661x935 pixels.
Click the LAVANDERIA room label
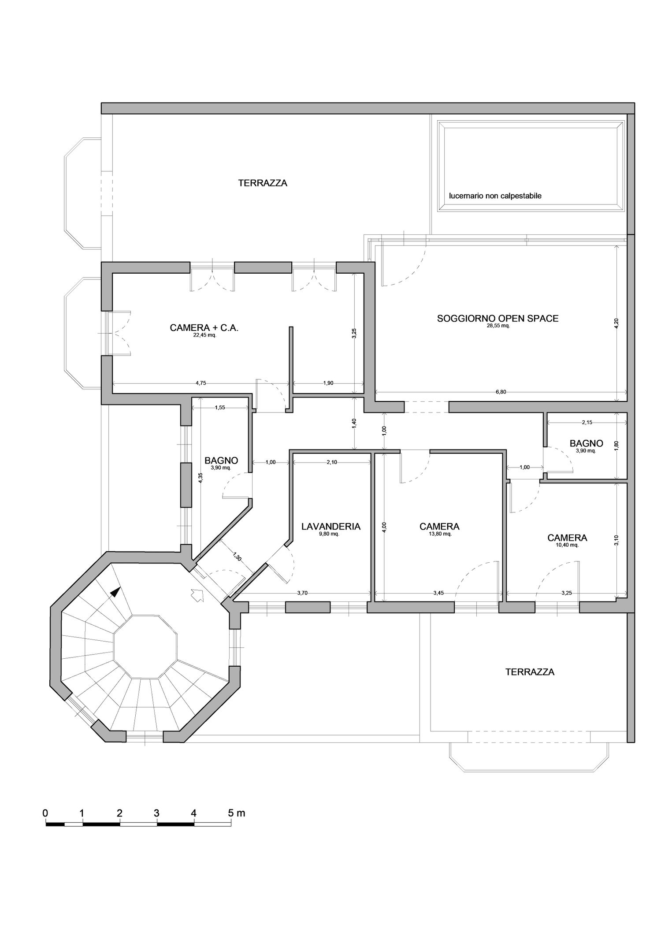[x=330, y=526]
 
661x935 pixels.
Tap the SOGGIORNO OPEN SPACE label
[x=498, y=318]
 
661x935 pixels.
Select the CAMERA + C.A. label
[x=204, y=328]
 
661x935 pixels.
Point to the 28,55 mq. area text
[x=498, y=326]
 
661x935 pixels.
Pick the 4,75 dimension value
[x=201, y=383]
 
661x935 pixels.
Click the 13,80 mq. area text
[x=439, y=534]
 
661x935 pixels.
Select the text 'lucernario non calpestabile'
[x=495, y=196]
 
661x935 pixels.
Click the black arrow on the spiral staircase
[x=115, y=591]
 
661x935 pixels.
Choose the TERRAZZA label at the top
[x=263, y=183]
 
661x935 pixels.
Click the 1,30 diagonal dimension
[x=237, y=556]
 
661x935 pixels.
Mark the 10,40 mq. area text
[x=567, y=545]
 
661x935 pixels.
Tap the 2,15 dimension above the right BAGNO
[x=587, y=422]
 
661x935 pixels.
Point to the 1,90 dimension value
[x=328, y=383]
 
